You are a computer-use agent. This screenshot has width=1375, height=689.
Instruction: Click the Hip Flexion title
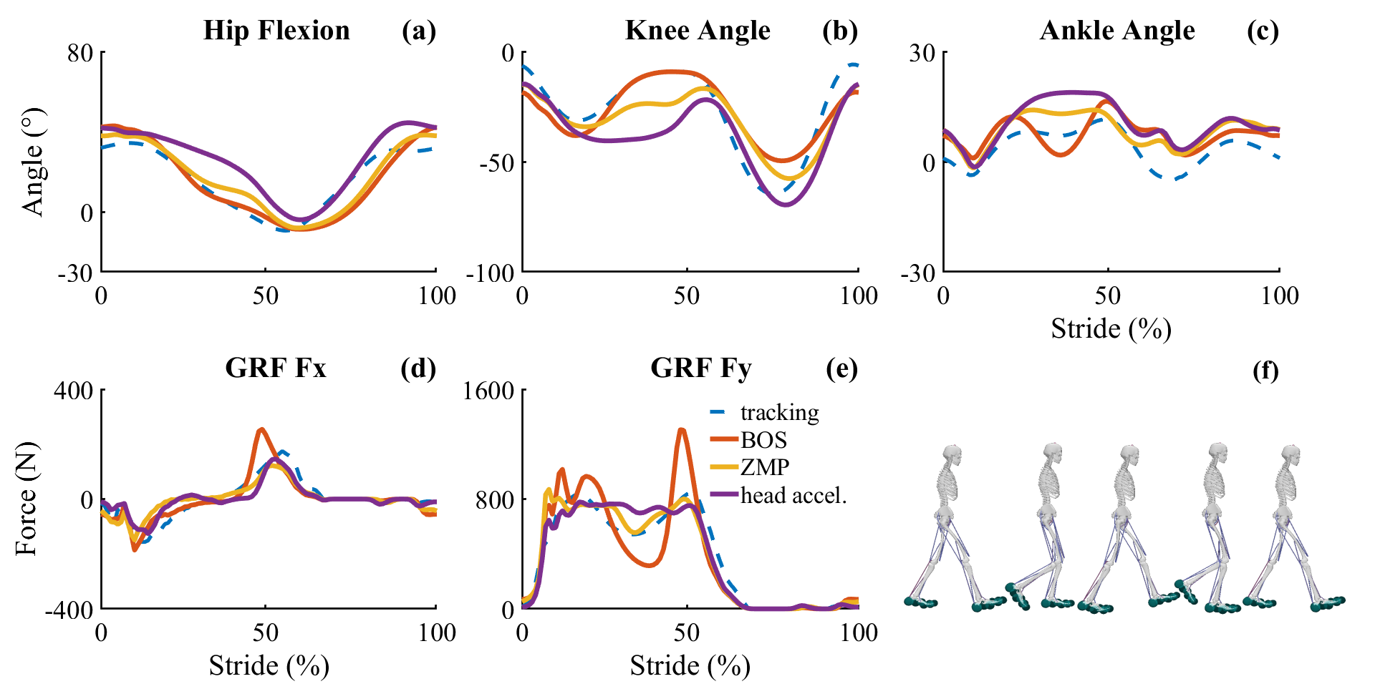tap(276, 31)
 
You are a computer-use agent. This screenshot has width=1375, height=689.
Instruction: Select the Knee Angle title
tap(697, 31)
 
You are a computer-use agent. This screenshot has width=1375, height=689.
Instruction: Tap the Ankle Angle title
tap(1116, 31)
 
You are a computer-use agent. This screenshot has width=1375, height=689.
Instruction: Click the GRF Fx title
tap(276, 368)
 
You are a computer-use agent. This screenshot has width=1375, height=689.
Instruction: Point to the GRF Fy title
tap(700, 368)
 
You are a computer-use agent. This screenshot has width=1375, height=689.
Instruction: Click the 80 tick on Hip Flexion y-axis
tap(80, 53)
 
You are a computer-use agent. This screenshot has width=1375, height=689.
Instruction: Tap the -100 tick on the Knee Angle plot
tap(491, 273)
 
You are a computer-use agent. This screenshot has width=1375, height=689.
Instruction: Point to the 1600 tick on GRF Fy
tap(489, 391)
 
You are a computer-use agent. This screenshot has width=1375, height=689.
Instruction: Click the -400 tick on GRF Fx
tap(69, 610)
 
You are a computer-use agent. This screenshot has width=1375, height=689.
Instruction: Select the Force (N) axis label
tap(26, 499)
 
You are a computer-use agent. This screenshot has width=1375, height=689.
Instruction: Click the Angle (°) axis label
tap(33, 162)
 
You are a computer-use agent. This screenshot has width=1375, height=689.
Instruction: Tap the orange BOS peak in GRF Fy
tap(681, 430)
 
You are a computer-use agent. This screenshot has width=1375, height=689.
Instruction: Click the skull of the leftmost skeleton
tap(952, 455)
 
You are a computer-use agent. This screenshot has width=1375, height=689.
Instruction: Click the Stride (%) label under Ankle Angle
tap(1111, 329)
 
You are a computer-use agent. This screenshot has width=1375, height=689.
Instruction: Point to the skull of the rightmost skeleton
tap(1290, 455)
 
